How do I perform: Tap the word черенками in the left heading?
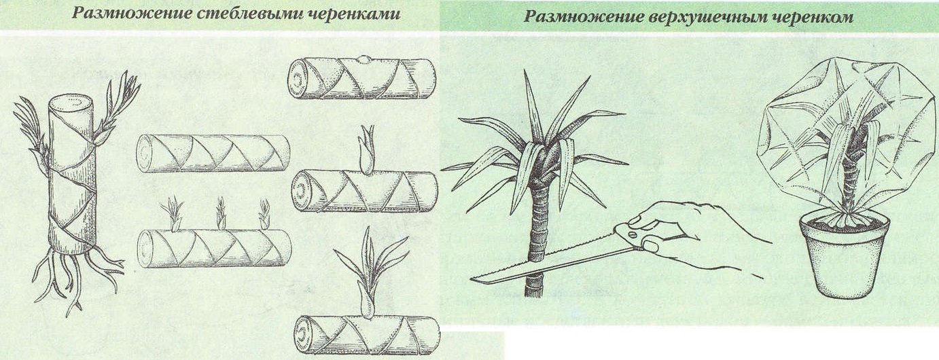tap(359, 14)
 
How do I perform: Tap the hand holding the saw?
tap(693, 231)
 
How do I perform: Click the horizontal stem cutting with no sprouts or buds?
tap(213, 153)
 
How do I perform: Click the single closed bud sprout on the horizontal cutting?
tap(367, 149)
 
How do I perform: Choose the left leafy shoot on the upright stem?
tap(31, 129)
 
